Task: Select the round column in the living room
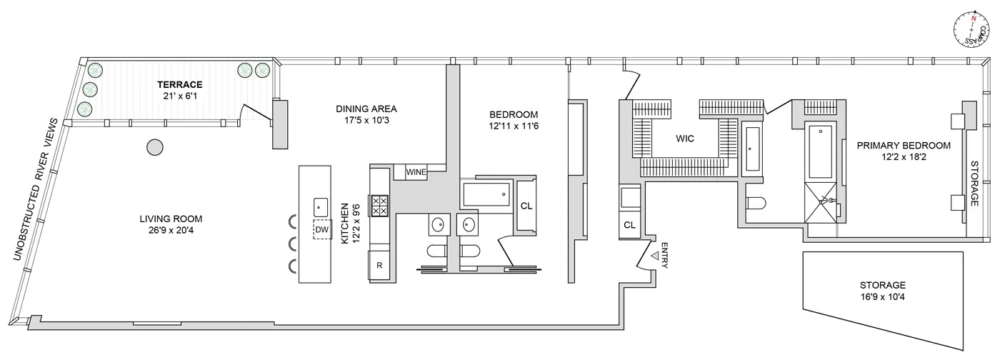[154, 148]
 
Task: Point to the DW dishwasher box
[321, 229]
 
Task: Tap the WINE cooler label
[416, 172]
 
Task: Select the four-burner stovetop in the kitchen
[379, 206]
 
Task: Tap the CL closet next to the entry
[629, 224]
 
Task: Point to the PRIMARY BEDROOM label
[904, 145]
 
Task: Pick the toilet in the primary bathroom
[756, 203]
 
